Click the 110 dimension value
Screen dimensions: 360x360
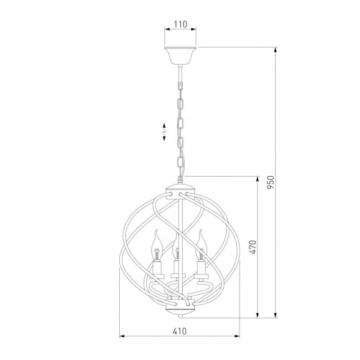[x=180, y=24]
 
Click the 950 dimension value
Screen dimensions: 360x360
[x=271, y=182]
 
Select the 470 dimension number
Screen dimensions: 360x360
[x=252, y=247]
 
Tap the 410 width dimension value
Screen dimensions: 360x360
[x=180, y=331]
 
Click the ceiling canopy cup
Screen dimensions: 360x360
[x=180, y=56]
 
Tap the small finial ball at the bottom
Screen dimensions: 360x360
[x=180, y=316]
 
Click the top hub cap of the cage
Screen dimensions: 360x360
[x=180, y=191]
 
